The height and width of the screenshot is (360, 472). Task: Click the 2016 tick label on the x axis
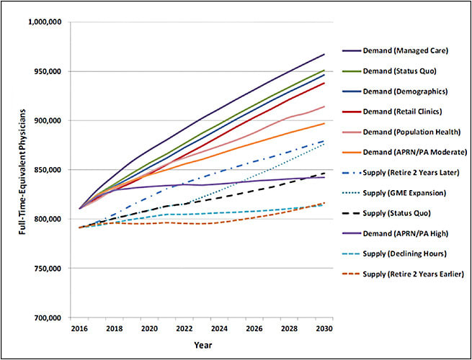80,328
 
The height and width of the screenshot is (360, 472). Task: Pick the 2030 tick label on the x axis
324,328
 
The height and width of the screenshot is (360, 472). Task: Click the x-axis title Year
202,345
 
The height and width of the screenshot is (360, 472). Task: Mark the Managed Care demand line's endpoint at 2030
324,55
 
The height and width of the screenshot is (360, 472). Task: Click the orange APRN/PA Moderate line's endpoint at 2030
324,124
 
